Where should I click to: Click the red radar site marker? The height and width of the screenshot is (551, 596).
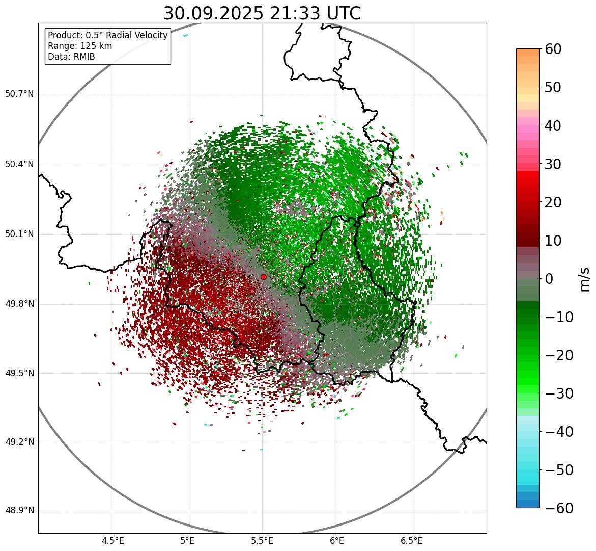click(263, 277)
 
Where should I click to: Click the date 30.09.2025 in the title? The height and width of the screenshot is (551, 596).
click(213, 13)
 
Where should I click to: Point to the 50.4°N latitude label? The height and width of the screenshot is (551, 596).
click(19, 164)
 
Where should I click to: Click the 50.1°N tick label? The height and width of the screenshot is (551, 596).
click(19, 234)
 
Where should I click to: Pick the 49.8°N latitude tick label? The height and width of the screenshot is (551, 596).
click(19, 304)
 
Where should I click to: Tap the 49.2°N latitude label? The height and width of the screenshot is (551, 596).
click(19, 442)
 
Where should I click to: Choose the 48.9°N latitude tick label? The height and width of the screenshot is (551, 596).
click(19, 511)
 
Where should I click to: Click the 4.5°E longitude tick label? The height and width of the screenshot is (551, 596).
click(113, 541)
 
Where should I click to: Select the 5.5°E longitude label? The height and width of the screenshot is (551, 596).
click(262, 541)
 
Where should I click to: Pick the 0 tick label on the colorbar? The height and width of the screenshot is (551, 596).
click(549, 279)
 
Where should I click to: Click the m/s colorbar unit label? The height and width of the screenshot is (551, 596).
click(585, 279)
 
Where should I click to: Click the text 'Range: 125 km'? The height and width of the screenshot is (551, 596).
click(80, 46)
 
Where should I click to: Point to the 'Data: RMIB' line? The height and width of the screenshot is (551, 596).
click(71, 57)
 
